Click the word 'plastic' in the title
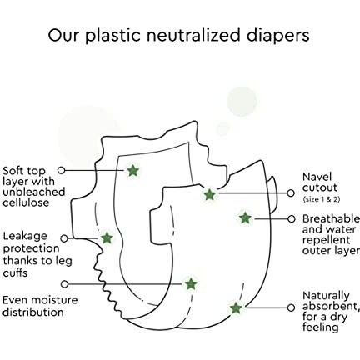112,36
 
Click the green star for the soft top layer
133,170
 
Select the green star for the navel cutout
209,194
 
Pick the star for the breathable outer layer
245,218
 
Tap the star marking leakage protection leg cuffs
107,238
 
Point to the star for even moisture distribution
191,284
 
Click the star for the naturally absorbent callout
236,307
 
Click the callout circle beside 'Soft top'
61,170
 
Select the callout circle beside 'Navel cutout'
291,193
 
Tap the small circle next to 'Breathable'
291,219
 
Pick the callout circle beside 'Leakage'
64,238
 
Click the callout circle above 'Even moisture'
64,284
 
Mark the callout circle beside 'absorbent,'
291,307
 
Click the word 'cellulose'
26,202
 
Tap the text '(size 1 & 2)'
322,199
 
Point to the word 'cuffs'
15,272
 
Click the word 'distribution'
33,312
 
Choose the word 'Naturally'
326,296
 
